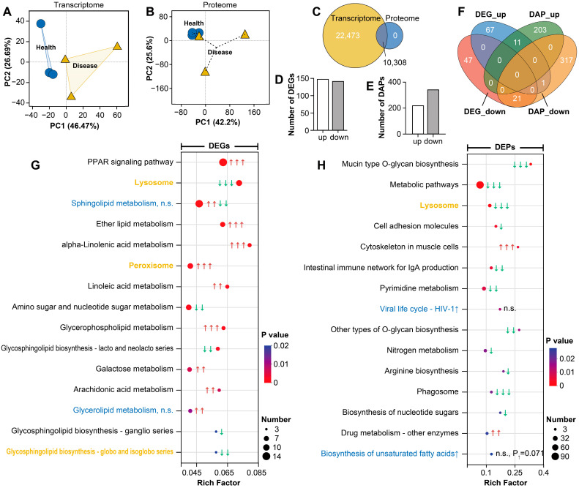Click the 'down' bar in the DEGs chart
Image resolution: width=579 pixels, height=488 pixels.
tap(338, 106)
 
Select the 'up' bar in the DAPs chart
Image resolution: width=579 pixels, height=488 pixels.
tap(418, 119)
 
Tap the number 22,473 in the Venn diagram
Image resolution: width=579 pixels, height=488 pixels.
tap(348, 35)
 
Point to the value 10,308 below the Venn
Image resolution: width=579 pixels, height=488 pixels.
tap(395, 62)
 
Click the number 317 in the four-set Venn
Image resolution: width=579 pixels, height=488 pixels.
tap(566, 60)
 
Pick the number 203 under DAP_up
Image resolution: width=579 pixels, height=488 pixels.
tap(540, 30)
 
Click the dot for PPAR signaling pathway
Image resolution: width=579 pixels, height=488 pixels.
tap(223, 162)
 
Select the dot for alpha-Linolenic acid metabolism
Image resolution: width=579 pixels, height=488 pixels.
tap(250, 245)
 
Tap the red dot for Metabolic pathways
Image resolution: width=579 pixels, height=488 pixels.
tap(480, 185)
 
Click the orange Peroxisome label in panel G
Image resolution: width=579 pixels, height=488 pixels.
tap(151, 266)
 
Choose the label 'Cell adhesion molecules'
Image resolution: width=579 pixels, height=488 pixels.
tap(416, 226)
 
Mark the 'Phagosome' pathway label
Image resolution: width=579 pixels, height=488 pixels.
tap(438, 391)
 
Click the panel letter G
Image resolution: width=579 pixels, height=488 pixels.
tap(35, 165)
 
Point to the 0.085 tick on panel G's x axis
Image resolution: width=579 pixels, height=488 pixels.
tap(257, 473)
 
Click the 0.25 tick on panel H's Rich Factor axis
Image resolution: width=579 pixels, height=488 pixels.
tap(515, 473)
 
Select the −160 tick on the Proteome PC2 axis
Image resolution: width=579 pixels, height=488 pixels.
tap(160, 89)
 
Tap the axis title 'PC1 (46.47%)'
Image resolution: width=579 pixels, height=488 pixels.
tap(75, 126)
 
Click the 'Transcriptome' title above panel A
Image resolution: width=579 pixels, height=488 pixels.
tap(78, 5)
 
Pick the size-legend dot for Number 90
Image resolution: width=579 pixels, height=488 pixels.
tap(555, 457)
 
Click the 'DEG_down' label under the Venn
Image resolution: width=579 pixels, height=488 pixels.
tap(485, 111)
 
